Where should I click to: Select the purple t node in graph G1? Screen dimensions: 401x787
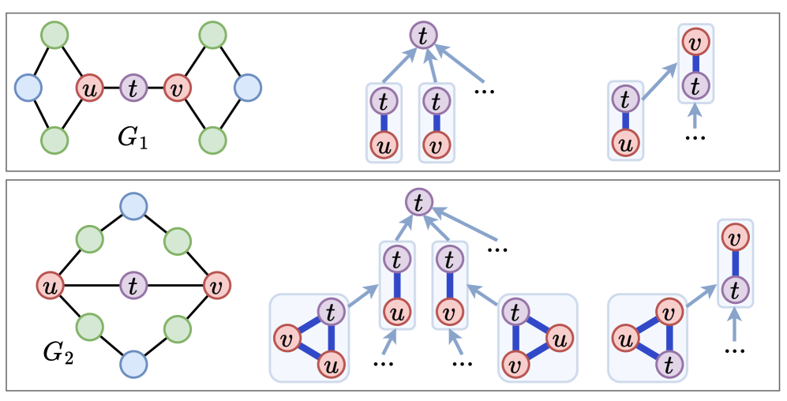click(x=133, y=88)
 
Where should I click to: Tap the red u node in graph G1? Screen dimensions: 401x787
click(x=90, y=88)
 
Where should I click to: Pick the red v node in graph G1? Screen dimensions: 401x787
click(x=177, y=88)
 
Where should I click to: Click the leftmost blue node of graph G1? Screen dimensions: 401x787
click(x=28, y=88)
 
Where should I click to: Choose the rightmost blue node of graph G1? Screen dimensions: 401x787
click(x=247, y=88)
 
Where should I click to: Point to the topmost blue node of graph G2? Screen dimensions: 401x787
click(x=133, y=206)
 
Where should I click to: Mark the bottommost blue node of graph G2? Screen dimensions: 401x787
click(x=133, y=364)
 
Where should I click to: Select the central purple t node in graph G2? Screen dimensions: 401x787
click(x=133, y=284)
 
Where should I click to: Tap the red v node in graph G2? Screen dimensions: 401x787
click(x=215, y=284)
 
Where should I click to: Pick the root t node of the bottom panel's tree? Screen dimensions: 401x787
click(x=419, y=203)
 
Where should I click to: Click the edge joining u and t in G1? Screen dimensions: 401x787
click(x=111, y=88)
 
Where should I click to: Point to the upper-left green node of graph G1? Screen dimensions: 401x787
click(x=54, y=36)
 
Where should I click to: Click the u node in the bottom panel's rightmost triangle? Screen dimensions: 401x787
click(x=626, y=340)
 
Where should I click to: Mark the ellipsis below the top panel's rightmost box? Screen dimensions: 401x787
click(x=695, y=136)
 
